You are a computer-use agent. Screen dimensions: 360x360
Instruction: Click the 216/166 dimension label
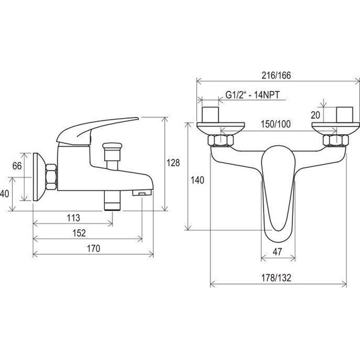coord(276,75)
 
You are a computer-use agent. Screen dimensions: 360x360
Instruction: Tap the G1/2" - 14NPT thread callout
coord(253,95)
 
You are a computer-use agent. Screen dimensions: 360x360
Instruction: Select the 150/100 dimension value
coord(275,124)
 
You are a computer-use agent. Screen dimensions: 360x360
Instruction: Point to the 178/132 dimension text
coord(276,278)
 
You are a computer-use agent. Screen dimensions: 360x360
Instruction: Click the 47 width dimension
coord(277,252)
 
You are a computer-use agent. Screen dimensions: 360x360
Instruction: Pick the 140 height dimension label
coord(198,180)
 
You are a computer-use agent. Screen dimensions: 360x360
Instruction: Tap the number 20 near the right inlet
coord(315,115)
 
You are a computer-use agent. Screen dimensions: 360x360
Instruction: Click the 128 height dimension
coord(173,163)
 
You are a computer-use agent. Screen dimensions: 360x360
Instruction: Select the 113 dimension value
coord(73,218)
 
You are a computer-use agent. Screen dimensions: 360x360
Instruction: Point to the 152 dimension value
coord(79,233)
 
